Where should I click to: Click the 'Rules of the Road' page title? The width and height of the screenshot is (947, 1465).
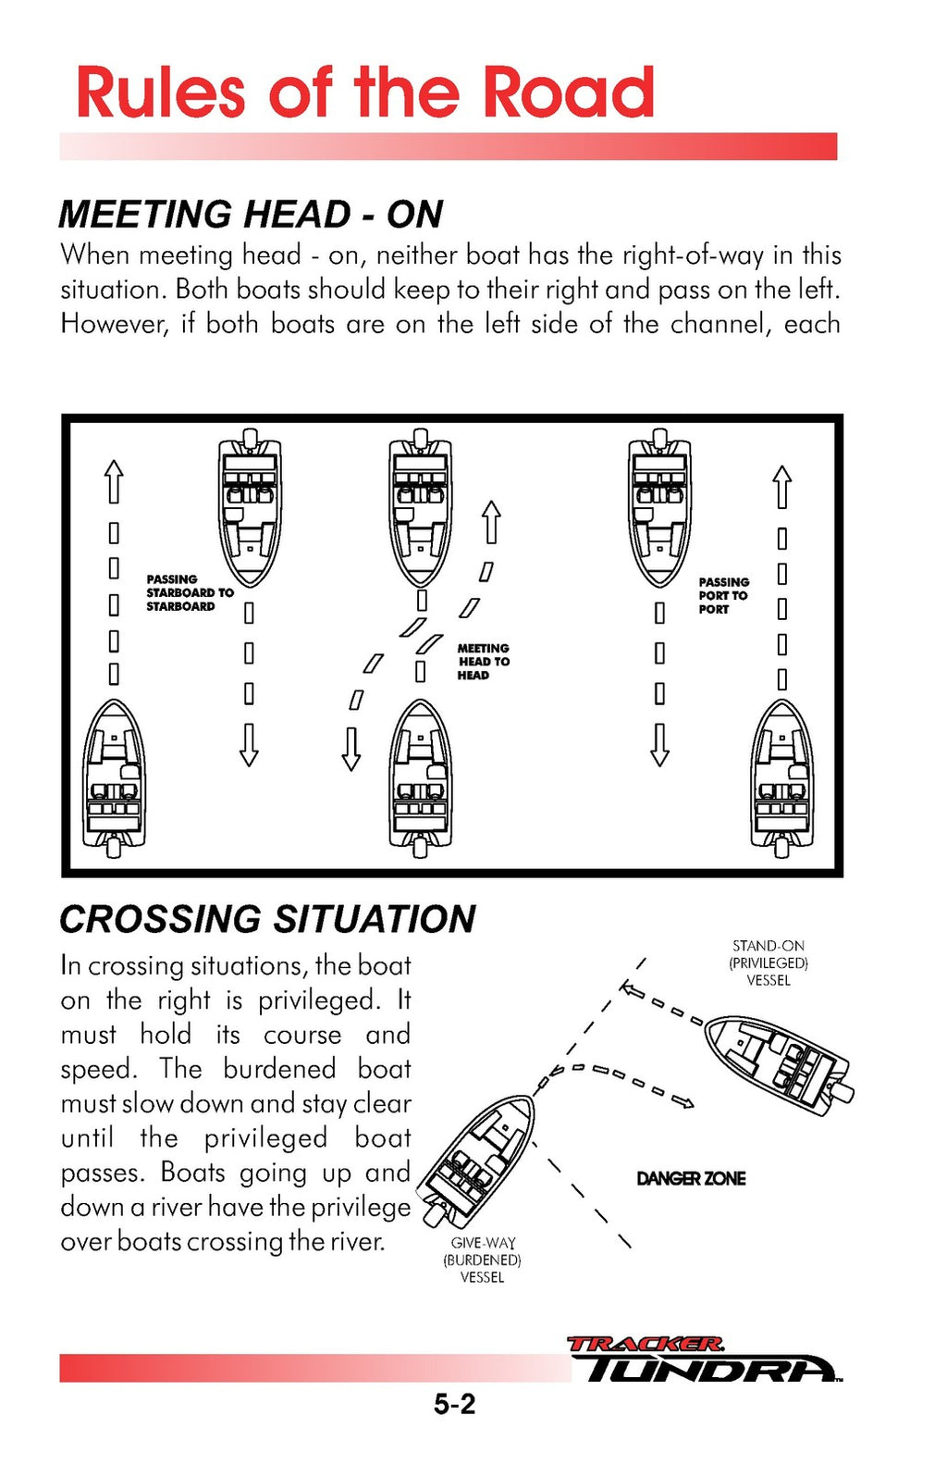[364, 93]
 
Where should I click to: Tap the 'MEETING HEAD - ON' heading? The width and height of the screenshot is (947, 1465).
[251, 215]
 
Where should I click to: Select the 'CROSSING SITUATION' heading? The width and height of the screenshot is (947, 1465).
[267, 919]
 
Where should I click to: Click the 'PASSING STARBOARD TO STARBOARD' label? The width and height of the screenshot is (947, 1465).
[189, 593]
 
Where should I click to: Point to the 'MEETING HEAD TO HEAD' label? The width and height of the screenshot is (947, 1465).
[483, 662]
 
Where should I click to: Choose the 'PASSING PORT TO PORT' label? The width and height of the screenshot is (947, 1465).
[723, 596]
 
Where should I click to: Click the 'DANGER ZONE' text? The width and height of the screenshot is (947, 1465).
[691, 1178]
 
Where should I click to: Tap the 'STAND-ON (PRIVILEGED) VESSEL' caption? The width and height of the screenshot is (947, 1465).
[769, 962]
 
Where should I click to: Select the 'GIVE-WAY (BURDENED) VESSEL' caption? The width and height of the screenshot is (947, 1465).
[482, 1260]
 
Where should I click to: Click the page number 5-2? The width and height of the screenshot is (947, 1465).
[454, 1404]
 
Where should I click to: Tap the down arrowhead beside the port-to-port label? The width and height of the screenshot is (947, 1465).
[659, 745]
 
